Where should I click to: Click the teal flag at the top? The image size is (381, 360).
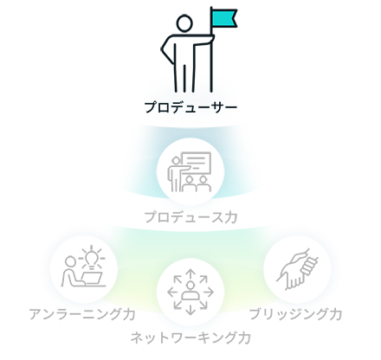click(224, 18)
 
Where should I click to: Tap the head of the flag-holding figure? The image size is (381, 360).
click(184, 23)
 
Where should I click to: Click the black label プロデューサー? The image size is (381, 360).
click(190, 107)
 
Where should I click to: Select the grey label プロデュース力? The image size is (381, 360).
click(190, 217)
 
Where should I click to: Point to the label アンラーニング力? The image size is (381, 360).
click(82, 314)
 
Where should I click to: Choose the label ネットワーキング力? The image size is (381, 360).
click(190, 338)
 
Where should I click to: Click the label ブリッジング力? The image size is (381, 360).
click(295, 314)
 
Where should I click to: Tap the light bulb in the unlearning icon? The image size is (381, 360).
click(92, 258)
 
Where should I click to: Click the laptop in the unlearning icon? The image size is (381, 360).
click(93, 279)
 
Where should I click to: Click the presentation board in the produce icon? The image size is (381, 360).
click(197, 163)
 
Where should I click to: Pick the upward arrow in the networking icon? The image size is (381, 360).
click(190, 274)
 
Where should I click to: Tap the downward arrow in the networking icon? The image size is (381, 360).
click(190, 310)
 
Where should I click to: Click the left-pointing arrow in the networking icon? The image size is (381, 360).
click(172, 292)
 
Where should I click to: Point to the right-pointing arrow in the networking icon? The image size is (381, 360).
click(208, 292)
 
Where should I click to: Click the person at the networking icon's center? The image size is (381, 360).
click(190, 292)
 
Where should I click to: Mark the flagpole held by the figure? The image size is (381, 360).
click(211, 49)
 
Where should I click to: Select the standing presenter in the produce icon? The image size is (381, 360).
click(175, 174)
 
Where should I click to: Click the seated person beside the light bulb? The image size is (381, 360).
click(71, 272)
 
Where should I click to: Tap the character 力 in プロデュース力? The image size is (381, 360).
click(230, 217)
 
